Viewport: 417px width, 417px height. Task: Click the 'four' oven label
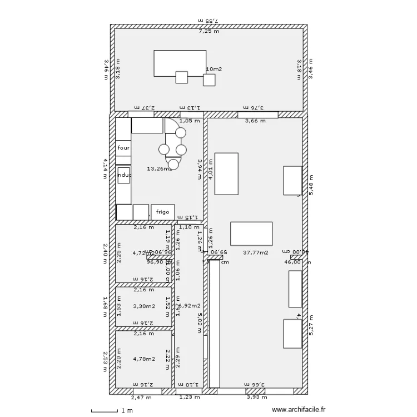[x=123, y=148]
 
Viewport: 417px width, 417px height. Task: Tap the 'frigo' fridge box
[x=162, y=212]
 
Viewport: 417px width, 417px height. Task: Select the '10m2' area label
[x=214, y=69]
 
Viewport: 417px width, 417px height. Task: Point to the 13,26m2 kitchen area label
[x=158, y=168]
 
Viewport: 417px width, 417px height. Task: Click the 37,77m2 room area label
[x=255, y=252]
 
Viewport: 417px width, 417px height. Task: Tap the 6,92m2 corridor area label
[x=190, y=306]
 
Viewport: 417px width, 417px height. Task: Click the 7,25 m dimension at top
[x=209, y=31]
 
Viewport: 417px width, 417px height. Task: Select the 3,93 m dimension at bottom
[x=256, y=397]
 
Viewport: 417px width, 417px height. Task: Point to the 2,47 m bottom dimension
[x=141, y=397]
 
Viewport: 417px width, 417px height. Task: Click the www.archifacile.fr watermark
[x=298, y=410]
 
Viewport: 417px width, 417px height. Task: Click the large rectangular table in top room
[x=180, y=63]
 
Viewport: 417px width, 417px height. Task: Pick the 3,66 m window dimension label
[x=256, y=121]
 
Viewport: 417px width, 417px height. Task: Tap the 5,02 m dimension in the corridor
[x=198, y=322]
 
